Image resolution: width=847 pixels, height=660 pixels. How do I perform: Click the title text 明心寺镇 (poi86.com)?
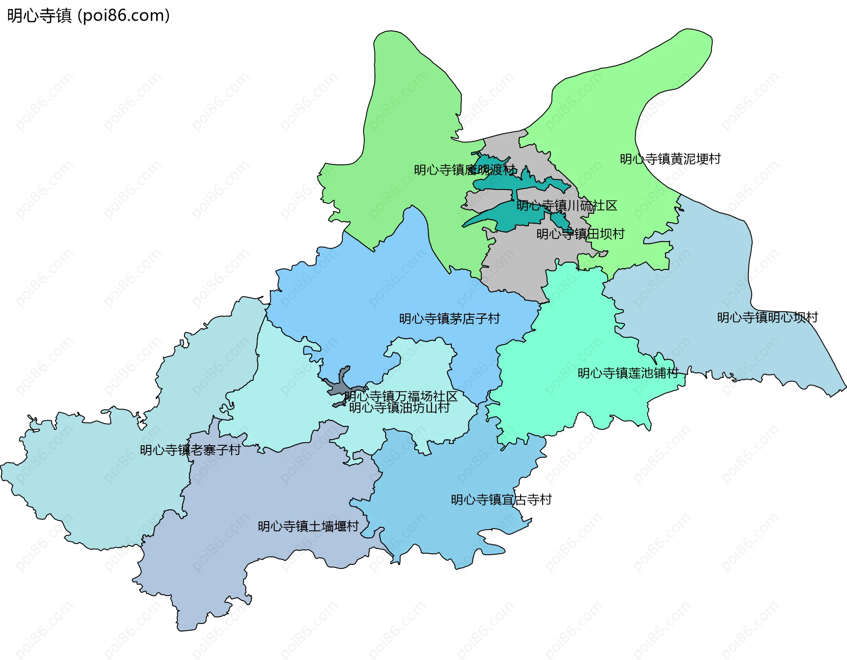(x=88, y=16)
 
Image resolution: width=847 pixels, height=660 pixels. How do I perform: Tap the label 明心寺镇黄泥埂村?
(x=670, y=159)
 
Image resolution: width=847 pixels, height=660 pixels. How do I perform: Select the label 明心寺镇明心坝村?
(x=767, y=317)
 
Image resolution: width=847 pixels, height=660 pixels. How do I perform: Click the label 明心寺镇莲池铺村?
(x=628, y=373)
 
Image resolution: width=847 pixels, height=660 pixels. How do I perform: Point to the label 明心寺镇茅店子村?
(x=449, y=319)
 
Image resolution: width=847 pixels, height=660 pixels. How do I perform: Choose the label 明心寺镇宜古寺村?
(x=501, y=500)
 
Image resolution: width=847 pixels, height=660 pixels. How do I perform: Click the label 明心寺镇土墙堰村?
(x=308, y=526)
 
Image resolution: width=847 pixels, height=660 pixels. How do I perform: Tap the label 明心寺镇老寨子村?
(x=190, y=450)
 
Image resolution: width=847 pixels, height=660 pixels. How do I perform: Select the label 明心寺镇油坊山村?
(x=399, y=408)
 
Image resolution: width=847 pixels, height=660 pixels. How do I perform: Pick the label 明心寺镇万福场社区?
(x=401, y=396)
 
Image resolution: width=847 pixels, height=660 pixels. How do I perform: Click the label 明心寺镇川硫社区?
(x=566, y=205)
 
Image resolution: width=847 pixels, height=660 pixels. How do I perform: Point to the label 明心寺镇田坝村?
(x=580, y=234)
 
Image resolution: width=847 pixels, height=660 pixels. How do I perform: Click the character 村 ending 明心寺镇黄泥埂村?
(x=715, y=159)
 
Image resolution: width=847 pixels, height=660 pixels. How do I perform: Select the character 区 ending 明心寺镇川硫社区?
(x=611, y=205)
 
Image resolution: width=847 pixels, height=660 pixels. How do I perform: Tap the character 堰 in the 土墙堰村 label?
(x=340, y=526)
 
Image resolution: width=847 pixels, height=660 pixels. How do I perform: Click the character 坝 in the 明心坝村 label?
(x=799, y=317)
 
